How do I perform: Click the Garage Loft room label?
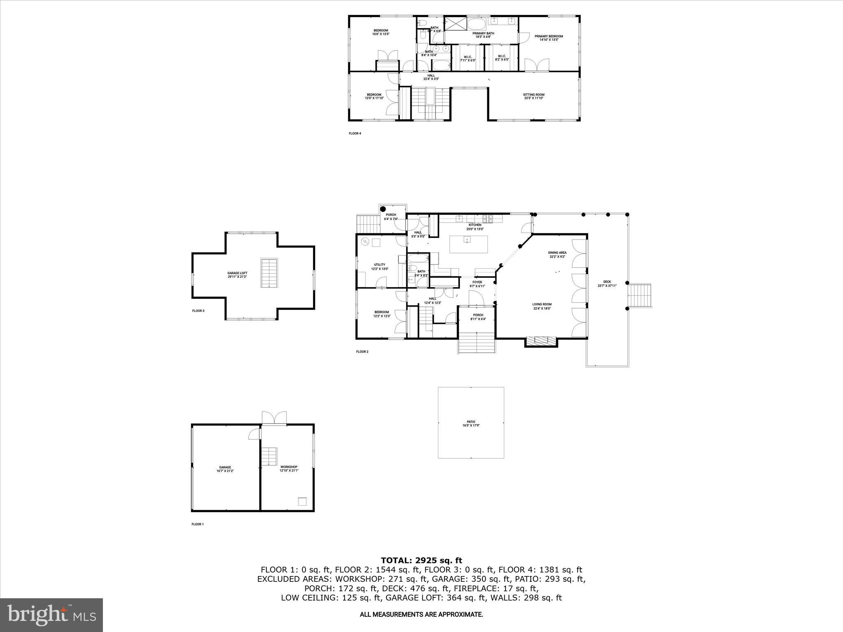tap(238, 275)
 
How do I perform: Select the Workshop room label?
tap(289, 469)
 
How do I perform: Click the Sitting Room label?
tap(534, 96)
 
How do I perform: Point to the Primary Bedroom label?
tap(549, 38)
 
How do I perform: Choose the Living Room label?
tap(542, 306)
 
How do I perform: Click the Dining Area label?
tap(557, 254)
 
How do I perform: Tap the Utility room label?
tap(379, 267)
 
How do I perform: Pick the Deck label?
tap(607, 283)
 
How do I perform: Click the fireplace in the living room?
tap(541, 341)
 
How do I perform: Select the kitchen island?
tap(468, 244)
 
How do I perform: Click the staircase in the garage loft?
tap(269, 273)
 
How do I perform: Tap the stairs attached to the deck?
tap(640, 295)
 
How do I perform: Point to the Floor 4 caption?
tap(355, 133)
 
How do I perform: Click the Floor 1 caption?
tap(198, 524)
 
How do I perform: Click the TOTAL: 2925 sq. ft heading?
tap(421, 560)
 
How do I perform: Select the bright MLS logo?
tap(51, 615)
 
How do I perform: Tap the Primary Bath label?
tap(483, 35)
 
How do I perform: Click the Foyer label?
tap(477, 284)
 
